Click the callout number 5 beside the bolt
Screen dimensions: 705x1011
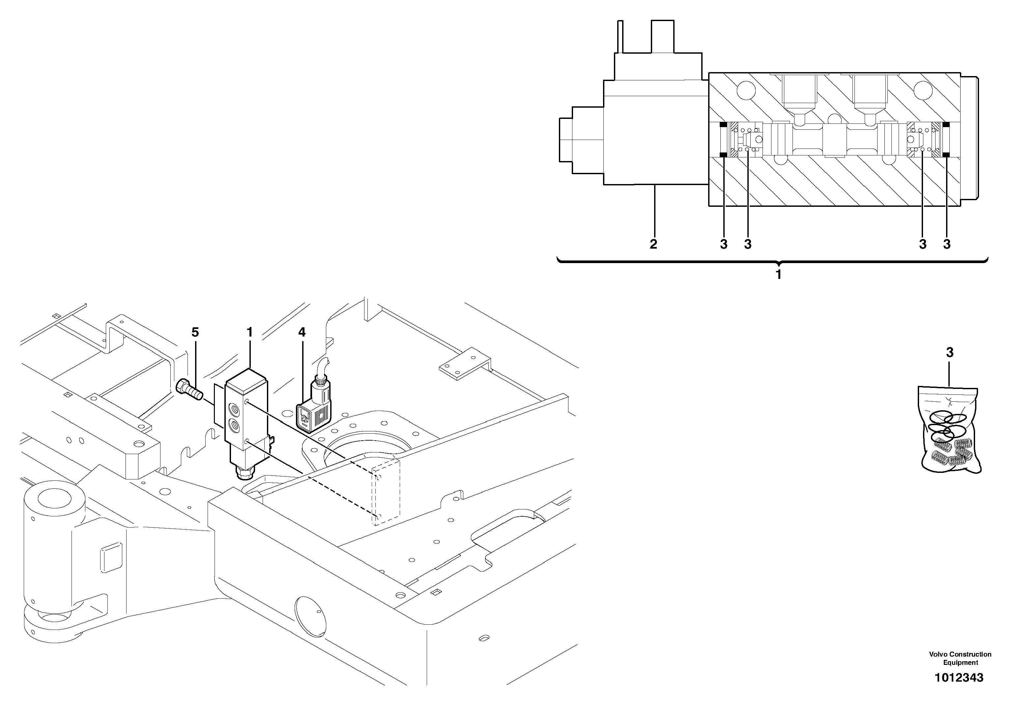(195, 332)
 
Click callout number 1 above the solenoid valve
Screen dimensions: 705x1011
(250, 332)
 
